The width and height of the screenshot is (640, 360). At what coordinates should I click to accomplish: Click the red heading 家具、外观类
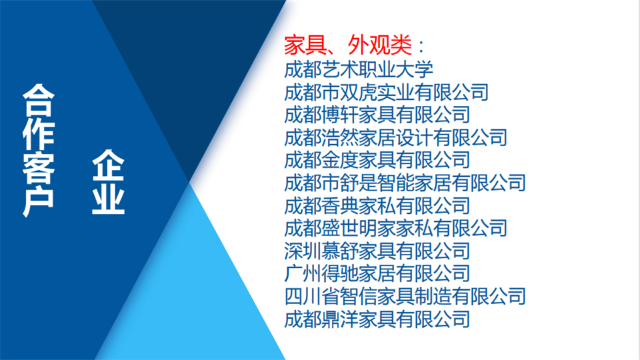348,45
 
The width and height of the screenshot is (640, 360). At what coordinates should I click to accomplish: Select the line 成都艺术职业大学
359,69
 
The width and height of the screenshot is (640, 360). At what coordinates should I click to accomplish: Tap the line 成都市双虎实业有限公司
386,92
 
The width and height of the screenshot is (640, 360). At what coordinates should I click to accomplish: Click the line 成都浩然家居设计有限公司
395,137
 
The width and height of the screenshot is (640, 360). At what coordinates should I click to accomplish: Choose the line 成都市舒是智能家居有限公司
405,183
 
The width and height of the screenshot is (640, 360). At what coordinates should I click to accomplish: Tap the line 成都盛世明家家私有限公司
395,228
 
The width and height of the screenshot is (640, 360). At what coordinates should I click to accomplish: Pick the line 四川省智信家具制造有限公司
405,296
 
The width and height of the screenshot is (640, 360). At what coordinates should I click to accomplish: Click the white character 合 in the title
39,101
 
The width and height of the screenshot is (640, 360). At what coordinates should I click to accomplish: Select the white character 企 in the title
108,165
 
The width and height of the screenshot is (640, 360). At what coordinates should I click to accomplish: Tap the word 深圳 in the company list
303,251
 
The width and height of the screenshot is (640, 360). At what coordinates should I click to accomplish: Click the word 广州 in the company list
303,273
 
